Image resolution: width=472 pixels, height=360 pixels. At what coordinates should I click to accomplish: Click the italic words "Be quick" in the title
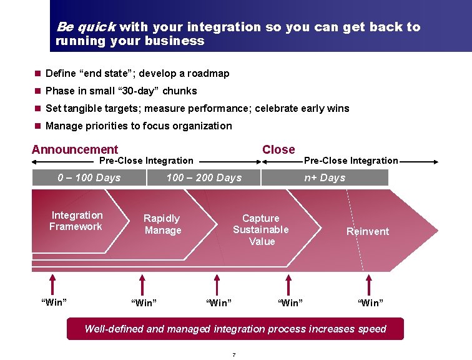[85, 27]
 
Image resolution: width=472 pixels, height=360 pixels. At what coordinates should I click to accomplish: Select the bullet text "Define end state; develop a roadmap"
[137, 73]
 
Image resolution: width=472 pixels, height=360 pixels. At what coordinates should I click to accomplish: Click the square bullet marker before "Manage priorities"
[37, 126]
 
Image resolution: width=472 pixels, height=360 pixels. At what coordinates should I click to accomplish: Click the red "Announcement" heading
[74, 149]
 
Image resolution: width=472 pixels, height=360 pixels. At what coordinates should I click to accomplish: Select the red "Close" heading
[278, 149]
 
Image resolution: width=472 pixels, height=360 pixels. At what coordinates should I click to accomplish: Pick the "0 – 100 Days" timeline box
[89, 177]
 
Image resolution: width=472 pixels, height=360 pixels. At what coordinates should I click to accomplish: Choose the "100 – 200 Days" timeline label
[204, 177]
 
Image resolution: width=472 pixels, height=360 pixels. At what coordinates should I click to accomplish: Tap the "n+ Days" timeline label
[325, 177]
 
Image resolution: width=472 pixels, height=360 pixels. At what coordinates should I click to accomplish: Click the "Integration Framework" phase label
[76, 221]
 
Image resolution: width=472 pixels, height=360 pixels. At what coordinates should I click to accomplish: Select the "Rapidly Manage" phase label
[162, 224]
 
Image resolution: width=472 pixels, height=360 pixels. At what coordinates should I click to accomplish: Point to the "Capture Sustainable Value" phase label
[261, 229]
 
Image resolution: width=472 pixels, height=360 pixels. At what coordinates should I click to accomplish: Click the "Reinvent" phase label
[368, 231]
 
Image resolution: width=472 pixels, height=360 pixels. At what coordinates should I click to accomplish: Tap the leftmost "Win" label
[54, 302]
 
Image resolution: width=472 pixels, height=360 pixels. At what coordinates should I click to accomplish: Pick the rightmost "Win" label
[370, 303]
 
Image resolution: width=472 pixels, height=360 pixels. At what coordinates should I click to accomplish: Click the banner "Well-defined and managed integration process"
[235, 329]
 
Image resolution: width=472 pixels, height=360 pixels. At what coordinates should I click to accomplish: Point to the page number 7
[234, 355]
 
